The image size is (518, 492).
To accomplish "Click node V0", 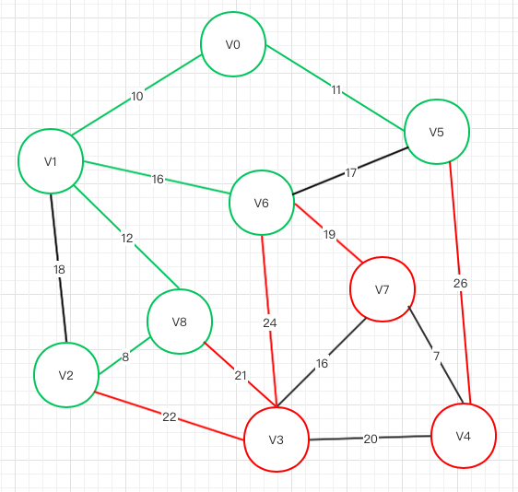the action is [233, 44].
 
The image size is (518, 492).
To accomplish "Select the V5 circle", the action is [437, 132].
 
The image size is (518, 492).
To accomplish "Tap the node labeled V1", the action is [51, 161].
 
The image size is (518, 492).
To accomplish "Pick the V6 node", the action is [262, 203].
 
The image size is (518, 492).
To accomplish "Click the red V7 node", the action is [383, 289].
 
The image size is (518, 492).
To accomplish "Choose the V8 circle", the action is [180, 322].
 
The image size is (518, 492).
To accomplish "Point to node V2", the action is [66, 375].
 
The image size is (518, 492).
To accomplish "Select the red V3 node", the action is [277, 439].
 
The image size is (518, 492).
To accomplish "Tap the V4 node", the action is [464, 436].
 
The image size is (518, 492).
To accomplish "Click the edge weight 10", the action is [137, 97].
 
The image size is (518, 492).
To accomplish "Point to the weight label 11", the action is [336, 89].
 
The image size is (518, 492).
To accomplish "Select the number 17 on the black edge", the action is [351, 172].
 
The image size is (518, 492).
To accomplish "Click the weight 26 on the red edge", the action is [460, 283].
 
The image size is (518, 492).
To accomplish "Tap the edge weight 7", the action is [436, 356].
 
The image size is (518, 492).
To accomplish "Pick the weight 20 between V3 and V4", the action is [371, 439].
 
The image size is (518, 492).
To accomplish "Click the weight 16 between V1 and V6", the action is [158, 180].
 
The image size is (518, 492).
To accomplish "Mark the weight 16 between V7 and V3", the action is [322, 364].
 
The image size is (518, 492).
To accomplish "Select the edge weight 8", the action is [125, 357].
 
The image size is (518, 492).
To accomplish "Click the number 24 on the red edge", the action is [270, 323].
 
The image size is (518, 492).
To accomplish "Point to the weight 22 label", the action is [170, 417].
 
